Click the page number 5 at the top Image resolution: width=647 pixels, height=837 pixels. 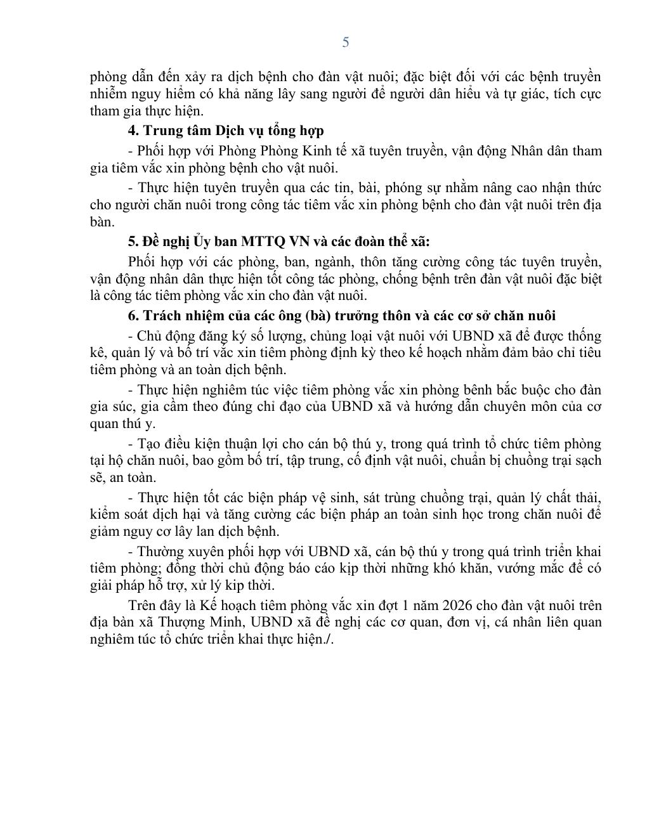click(345, 42)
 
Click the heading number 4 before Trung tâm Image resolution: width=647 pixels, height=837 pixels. click(133, 131)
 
